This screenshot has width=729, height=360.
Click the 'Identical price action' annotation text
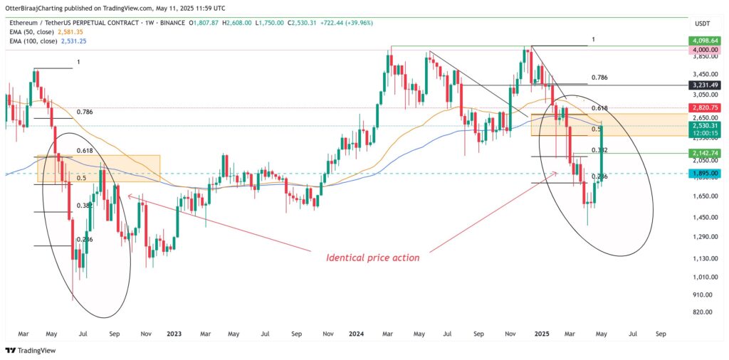(x=372, y=258)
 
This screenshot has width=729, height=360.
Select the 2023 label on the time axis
(x=174, y=333)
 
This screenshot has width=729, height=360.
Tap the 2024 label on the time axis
(x=358, y=333)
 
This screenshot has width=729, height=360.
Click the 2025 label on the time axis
(x=542, y=333)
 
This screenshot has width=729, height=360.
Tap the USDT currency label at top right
(x=703, y=23)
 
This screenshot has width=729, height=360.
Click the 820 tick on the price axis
(x=701, y=312)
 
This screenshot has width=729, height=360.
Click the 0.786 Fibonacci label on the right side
(x=599, y=77)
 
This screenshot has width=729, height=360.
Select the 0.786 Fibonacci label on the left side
(x=85, y=112)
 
